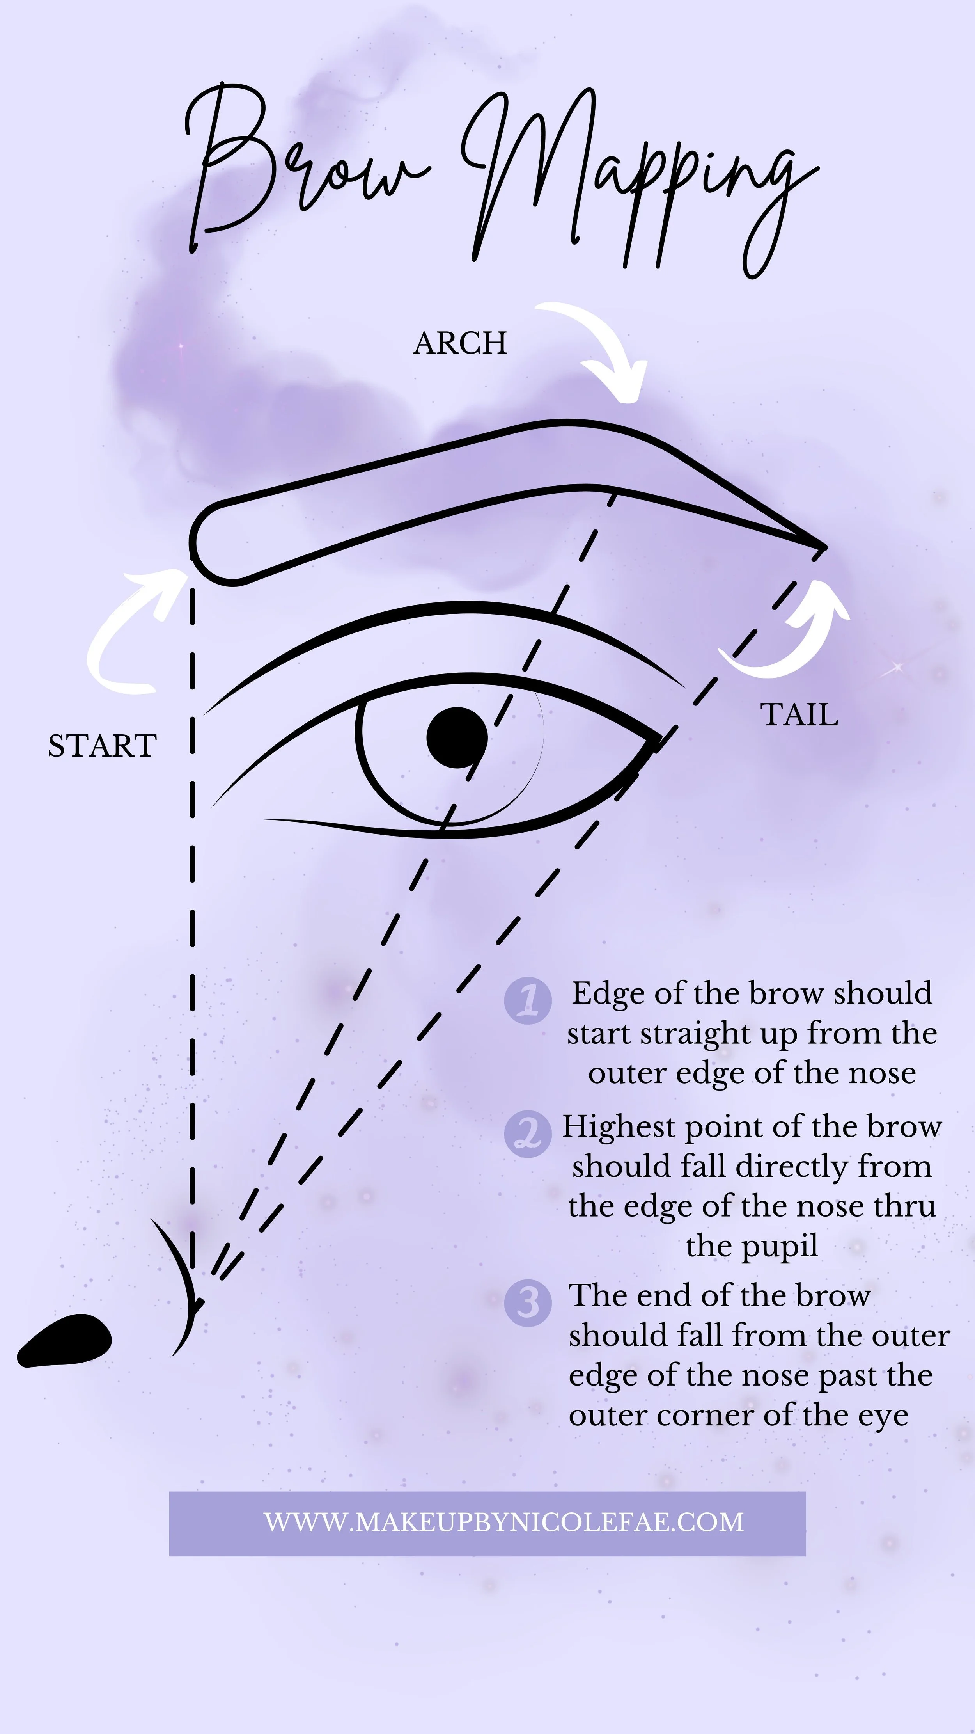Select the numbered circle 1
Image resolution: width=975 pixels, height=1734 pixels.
tap(528, 1001)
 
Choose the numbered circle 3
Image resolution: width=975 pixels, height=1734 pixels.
tap(528, 1303)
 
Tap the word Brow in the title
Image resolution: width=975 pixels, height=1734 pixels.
tap(303, 168)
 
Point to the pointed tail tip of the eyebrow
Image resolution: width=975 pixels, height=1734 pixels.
tap(822, 547)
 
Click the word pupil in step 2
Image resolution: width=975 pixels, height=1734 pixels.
tap(752, 1245)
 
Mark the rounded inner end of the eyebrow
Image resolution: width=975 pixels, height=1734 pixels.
tap(197, 542)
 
